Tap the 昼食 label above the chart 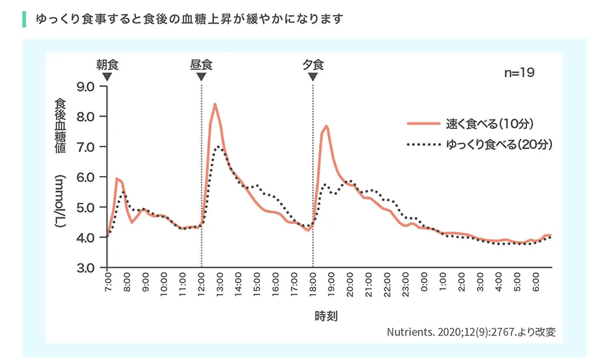click(x=201, y=65)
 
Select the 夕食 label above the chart click(x=313, y=65)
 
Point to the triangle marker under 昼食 click(x=201, y=77)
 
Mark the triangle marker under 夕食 click(x=313, y=77)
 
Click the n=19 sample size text click(x=519, y=73)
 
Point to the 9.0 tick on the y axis click(x=86, y=86)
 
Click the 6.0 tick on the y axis click(x=86, y=177)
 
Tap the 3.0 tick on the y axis click(x=86, y=268)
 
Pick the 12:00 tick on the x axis click(x=201, y=286)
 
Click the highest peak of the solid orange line click(x=215, y=104)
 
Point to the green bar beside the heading click(x=24, y=18)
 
